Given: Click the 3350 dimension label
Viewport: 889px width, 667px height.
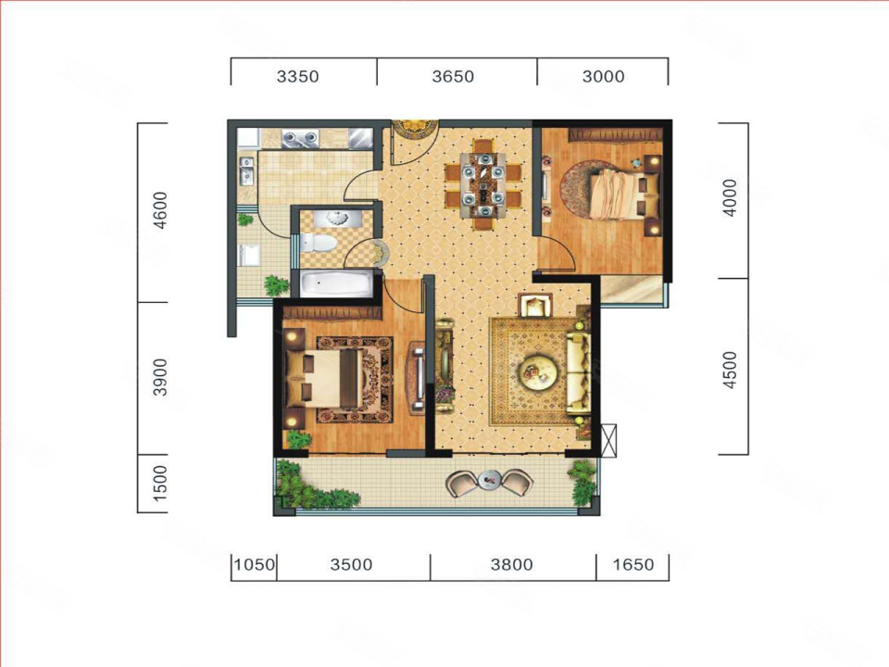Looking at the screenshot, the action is point(297,76).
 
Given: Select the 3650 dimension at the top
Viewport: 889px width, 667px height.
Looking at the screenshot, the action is point(453,76).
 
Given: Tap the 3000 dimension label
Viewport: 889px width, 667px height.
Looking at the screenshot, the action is point(603,76).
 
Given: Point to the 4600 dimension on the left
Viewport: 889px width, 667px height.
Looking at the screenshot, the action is point(161,210).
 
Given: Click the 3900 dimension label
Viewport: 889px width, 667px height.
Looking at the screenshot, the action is point(161,377).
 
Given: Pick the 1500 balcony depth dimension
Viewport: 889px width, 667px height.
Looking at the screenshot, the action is point(161,484).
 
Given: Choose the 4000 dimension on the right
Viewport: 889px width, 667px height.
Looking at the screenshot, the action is point(731,198).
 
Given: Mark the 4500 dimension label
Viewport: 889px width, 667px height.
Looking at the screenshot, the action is point(731,371).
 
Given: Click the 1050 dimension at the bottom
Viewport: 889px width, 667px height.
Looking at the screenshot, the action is point(255,564).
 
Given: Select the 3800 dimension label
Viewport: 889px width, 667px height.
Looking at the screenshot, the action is point(512,564).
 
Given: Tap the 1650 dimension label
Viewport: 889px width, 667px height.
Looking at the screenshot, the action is point(633,564).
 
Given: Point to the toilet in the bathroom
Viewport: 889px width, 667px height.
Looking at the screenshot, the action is point(318,244).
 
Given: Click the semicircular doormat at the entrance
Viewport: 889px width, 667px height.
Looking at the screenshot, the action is point(415,129).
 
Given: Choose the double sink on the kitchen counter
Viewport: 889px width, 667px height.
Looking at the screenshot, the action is point(302,137).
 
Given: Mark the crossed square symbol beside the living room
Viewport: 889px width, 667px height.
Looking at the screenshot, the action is point(609,440).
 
